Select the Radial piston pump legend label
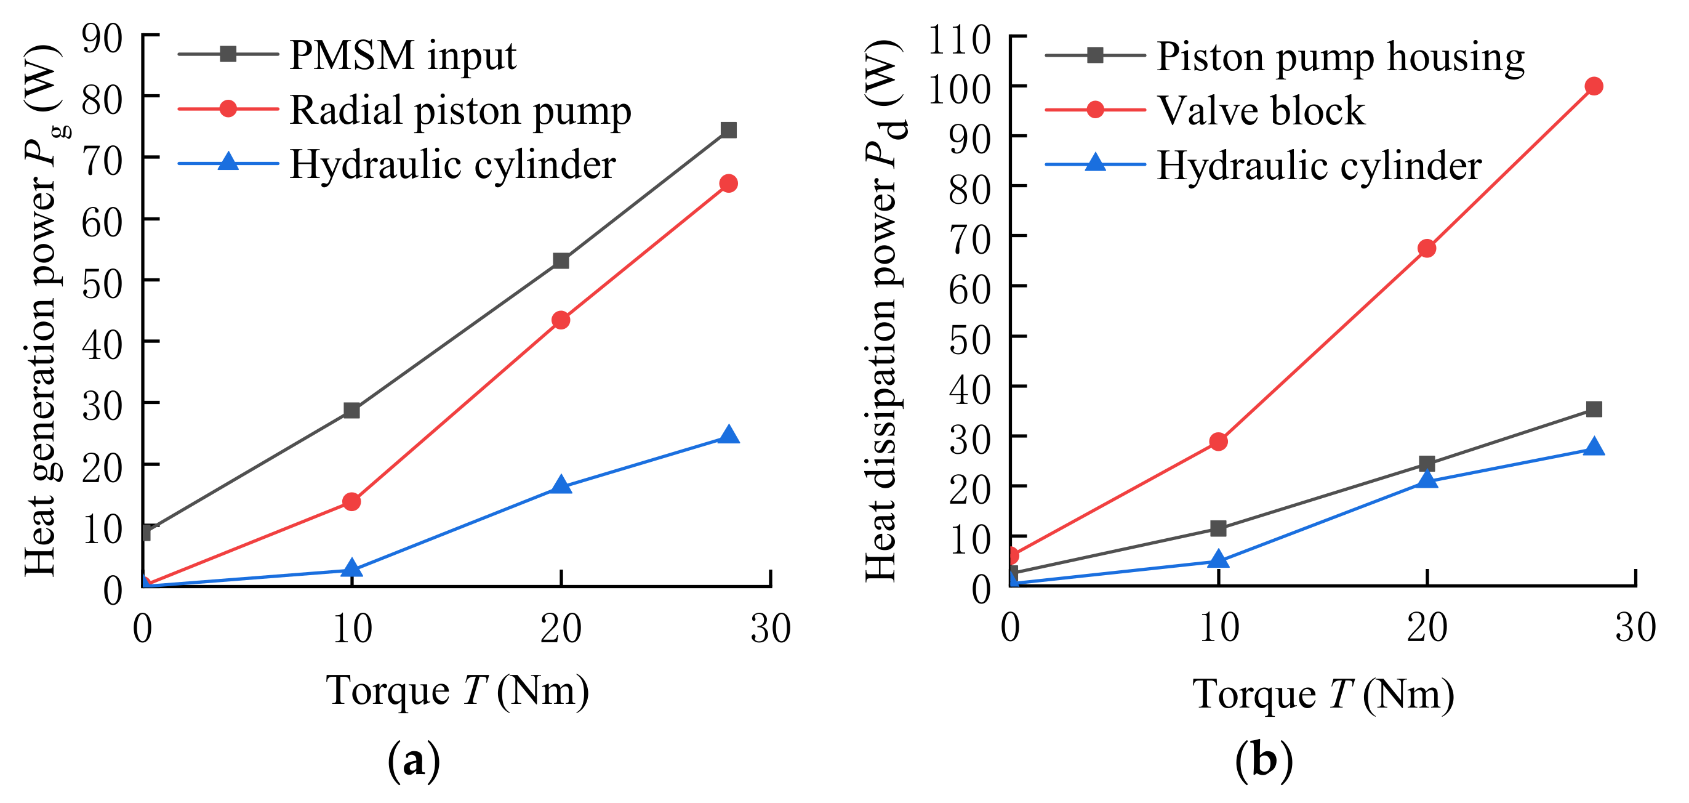[460, 110]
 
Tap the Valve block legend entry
[1260, 110]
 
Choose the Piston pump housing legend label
[1340, 57]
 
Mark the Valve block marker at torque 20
[1427, 249]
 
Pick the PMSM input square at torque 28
[728, 130]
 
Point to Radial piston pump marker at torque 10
[352, 502]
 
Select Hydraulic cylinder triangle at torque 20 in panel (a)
[561, 485]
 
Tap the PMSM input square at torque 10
[352, 411]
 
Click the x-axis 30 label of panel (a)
[771, 629]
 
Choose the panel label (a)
[414, 761]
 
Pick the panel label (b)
[1264, 761]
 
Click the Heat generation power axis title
[41, 311]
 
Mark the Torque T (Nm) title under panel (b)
[1323, 694]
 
